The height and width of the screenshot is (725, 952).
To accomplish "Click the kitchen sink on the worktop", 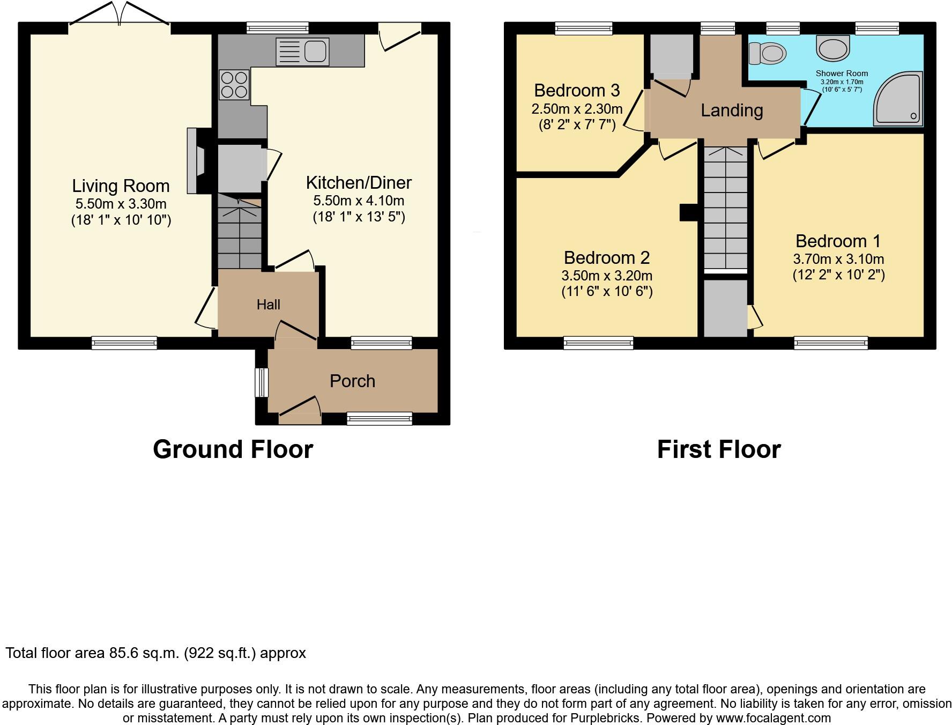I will pyautogui.click(x=302, y=52).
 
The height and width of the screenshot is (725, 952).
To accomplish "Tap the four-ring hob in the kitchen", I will pyautogui.click(x=234, y=85).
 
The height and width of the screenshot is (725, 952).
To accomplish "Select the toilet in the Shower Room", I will pyautogui.click(x=768, y=53).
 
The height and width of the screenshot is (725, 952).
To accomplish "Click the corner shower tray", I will pyautogui.click(x=898, y=100).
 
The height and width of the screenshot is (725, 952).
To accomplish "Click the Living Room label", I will pyautogui.click(x=121, y=186).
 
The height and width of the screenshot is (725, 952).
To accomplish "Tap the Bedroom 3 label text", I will pyautogui.click(x=577, y=90).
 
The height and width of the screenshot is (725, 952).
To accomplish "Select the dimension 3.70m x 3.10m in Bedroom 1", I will pyautogui.click(x=838, y=259).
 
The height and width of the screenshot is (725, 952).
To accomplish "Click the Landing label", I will pyautogui.click(x=732, y=110).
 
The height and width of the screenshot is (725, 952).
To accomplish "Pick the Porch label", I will pyautogui.click(x=352, y=381).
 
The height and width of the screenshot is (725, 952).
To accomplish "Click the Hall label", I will pyautogui.click(x=268, y=305).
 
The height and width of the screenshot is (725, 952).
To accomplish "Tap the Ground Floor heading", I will pyautogui.click(x=233, y=449).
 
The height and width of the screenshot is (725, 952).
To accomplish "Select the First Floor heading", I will pyautogui.click(x=719, y=449).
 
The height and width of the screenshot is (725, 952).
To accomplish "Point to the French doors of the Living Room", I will pyautogui.click(x=120, y=15).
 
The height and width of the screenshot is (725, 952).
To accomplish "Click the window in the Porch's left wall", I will pyautogui.click(x=261, y=382).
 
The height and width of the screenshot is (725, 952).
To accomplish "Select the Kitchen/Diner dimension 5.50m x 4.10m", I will pyautogui.click(x=359, y=201).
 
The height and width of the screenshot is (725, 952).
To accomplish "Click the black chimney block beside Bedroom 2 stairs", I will pyautogui.click(x=688, y=212).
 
